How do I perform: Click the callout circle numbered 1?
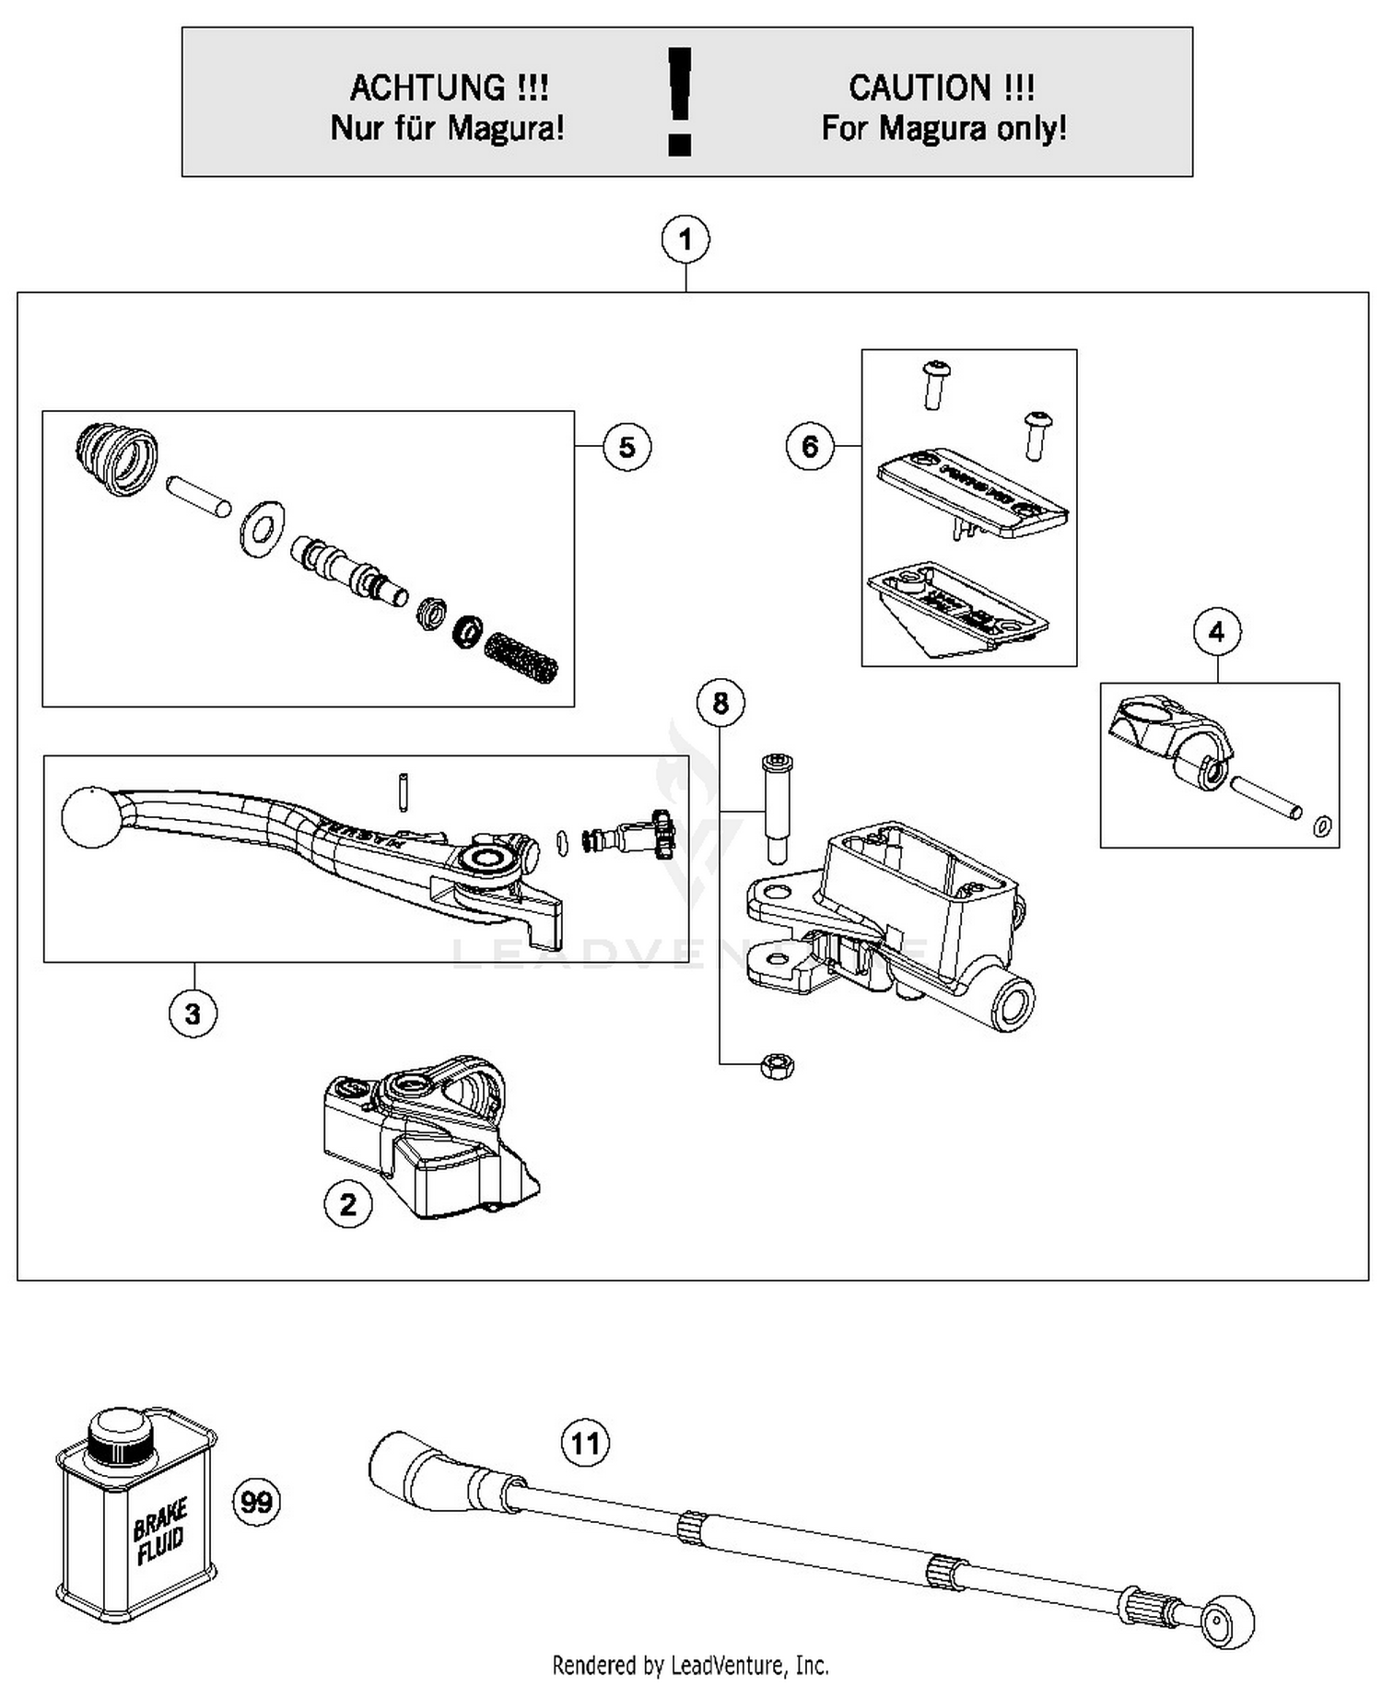coord(685,240)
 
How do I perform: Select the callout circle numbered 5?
coord(627,447)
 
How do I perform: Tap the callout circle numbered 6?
coord(809,447)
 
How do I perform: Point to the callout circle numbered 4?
coord(1216,632)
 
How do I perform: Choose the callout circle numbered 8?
coord(720,703)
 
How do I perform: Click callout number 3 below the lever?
coord(193,1013)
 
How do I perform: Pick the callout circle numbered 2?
coord(347,1204)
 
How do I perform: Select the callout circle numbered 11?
coord(586,1442)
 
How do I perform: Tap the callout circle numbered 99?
coord(256,1503)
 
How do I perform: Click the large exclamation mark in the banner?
coord(680,101)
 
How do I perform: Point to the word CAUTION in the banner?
coord(919,88)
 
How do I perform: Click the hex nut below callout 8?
coord(777,1067)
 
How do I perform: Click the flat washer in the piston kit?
coord(262,528)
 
